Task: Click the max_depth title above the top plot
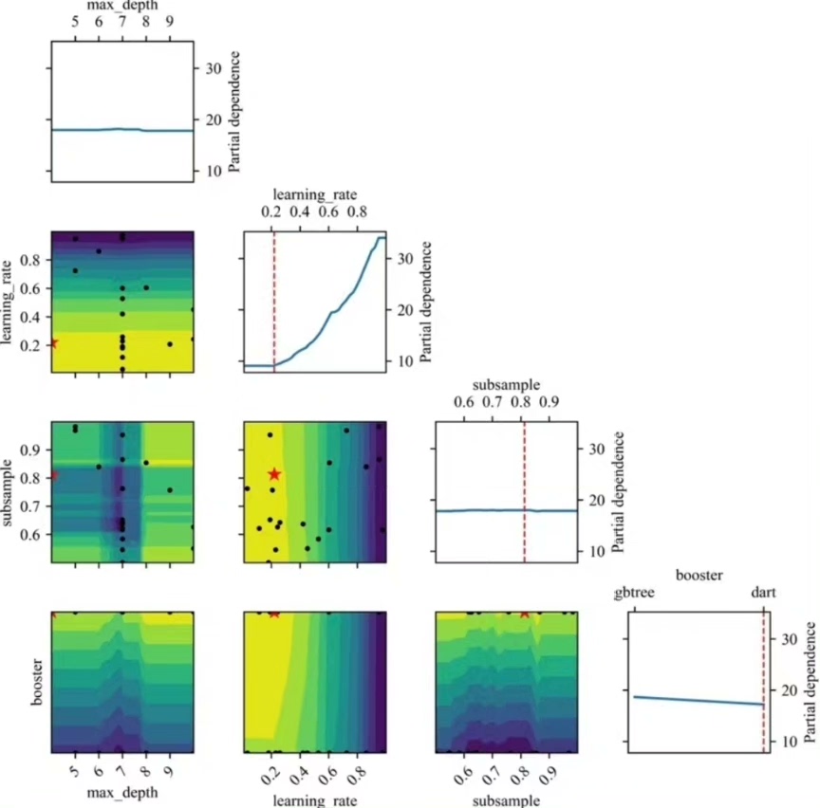click(122, 6)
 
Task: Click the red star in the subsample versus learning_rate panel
click(274, 474)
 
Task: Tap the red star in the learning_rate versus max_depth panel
click(53, 343)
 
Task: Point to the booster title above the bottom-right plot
click(700, 575)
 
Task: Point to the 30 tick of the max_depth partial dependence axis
click(209, 68)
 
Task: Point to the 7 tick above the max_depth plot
click(122, 23)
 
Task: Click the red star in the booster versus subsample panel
click(524, 613)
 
